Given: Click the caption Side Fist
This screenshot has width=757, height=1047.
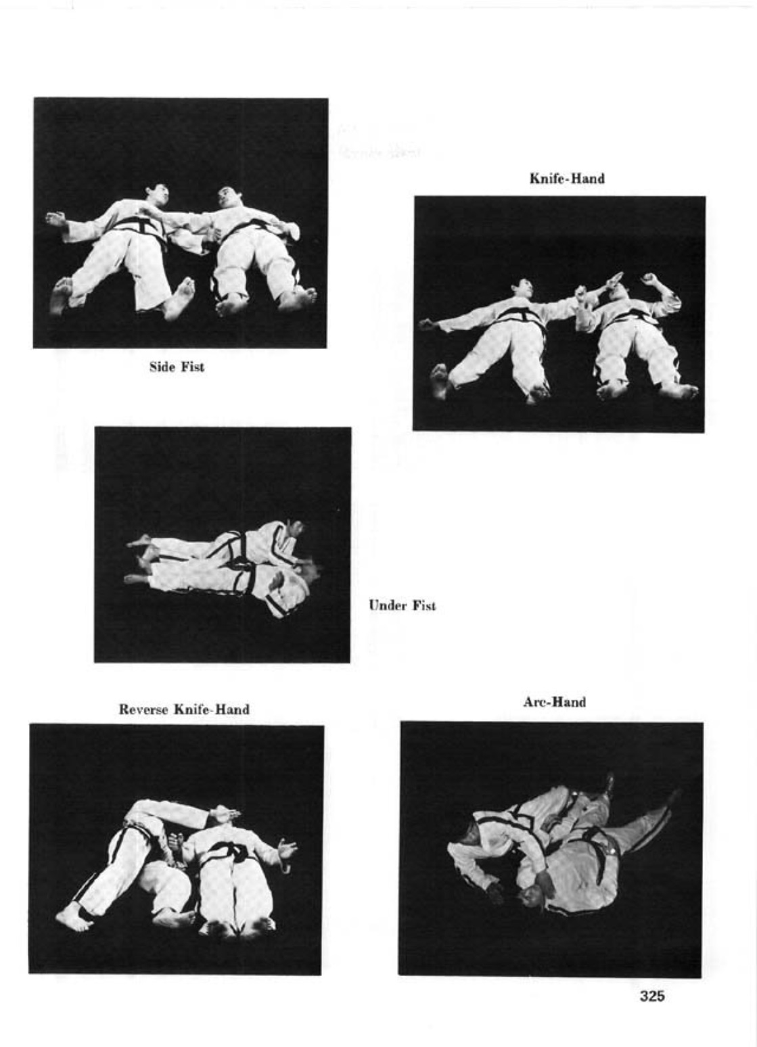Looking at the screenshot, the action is click(177, 367).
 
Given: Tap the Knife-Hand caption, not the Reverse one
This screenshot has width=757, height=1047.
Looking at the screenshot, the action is click(567, 178).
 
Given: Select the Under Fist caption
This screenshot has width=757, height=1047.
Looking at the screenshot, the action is click(402, 605).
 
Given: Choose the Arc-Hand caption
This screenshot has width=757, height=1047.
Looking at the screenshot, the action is click(554, 702).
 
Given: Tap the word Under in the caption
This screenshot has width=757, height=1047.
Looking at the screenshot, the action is click(387, 605).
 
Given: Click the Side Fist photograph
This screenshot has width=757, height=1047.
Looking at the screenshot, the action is click(180, 223).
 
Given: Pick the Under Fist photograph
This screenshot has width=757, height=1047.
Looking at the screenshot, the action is click(223, 544).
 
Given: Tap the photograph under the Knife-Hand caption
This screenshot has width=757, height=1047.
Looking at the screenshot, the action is click(559, 314).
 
